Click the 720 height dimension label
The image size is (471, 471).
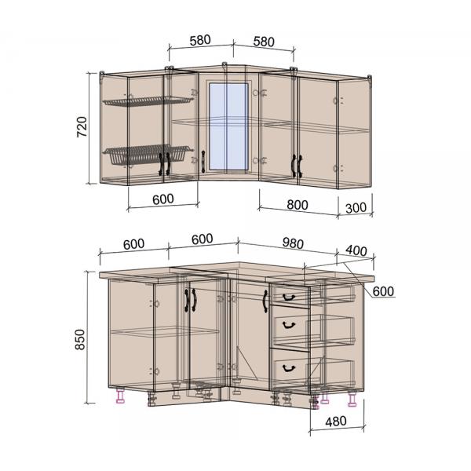point(82,126)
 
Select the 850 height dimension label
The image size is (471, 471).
point(80,339)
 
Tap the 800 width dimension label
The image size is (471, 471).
point(298,205)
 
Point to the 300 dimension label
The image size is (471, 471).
point(356,208)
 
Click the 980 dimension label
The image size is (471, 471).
point(293,243)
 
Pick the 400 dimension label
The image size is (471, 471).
point(356,250)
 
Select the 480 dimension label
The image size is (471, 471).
point(336,422)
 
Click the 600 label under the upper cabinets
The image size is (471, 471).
point(162,199)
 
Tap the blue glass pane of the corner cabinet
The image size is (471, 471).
point(228,126)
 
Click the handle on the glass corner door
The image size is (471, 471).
point(203,162)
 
